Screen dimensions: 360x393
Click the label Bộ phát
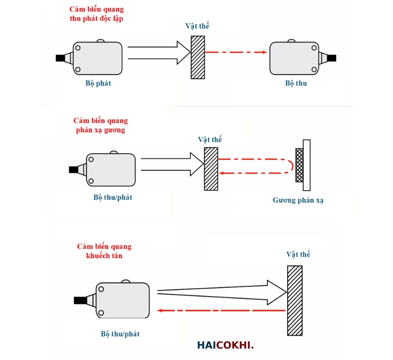click(x=98, y=84)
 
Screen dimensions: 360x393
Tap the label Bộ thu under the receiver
click(x=296, y=84)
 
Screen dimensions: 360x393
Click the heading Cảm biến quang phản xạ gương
click(x=101, y=125)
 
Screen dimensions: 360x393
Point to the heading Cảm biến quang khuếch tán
click(x=104, y=251)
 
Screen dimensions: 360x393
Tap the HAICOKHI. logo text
click(x=225, y=345)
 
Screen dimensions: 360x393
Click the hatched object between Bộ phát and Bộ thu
click(x=198, y=57)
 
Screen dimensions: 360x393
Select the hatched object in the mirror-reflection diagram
click(x=211, y=168)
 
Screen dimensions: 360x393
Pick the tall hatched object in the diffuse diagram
click(x=295, y=300)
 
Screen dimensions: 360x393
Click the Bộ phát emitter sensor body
click(x=97, y=58)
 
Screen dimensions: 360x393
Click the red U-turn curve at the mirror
click(x=290, y=166)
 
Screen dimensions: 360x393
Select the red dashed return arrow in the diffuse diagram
click(x=221, y=310)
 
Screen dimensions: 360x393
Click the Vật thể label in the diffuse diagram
click(x=298, y=255)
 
